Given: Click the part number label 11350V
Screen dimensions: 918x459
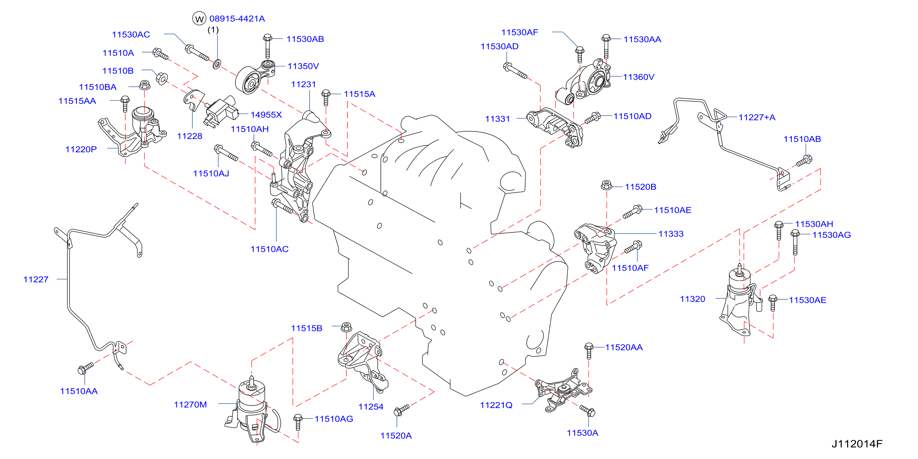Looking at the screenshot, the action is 303,66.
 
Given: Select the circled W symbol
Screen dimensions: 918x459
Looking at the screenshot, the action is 199,19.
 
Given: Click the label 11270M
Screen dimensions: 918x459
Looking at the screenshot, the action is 190,405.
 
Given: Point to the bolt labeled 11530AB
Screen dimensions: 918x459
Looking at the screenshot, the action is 268,46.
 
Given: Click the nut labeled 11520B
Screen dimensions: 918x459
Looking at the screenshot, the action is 607,185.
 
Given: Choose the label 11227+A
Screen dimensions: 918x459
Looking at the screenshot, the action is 757,117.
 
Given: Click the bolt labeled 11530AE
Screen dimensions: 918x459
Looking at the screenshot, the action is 773,303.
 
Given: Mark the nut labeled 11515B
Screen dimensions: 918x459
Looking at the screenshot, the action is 346,327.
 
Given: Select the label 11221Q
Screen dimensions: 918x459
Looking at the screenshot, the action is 496,405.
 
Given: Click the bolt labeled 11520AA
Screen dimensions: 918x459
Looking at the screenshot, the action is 589,351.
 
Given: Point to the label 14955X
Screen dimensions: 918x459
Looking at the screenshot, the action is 266,115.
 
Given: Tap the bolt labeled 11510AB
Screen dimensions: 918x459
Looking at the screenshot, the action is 804,160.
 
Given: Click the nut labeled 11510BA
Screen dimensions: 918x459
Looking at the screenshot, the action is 144,85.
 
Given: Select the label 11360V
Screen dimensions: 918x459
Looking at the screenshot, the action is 639,77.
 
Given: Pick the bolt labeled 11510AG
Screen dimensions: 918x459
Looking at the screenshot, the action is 298,422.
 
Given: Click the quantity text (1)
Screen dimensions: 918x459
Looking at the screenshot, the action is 213,30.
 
